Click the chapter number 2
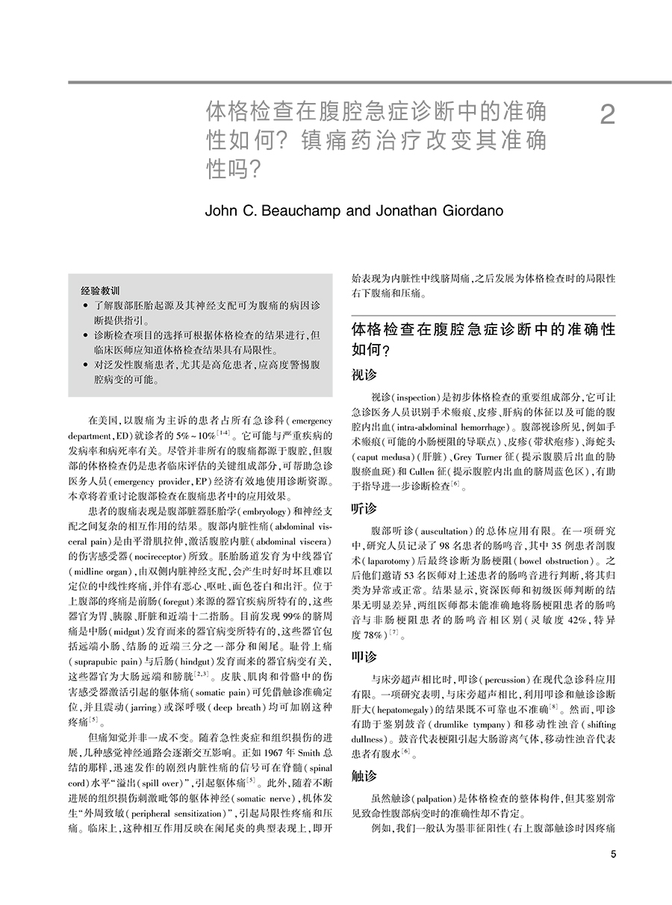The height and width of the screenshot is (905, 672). (x=608, y=116)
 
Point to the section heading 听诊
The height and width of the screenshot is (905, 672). (x=364, y=508)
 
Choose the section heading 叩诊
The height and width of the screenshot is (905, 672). (x=364, y=657)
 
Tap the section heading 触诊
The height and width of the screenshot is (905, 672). (x=364, y=776)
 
